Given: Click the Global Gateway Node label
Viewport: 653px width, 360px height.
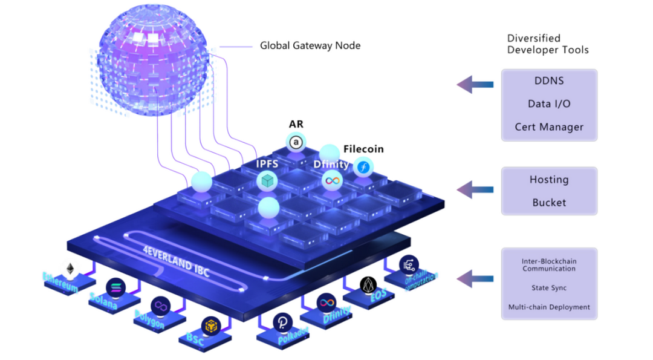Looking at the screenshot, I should pyautogui.click(x=310, y=45).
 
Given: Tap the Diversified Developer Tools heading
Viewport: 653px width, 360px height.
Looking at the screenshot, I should pyautogui.click(x=548, y=44).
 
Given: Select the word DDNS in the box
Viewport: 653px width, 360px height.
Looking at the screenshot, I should pyautogui.click(x=548, y=80).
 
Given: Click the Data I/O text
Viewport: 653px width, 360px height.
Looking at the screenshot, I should pyautogui.click(x=548, y=104).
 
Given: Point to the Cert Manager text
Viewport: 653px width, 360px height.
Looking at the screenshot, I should pyautogui.click(x=549, y=127).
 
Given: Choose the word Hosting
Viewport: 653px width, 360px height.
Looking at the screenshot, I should pyautogui.click(x=549, y=180).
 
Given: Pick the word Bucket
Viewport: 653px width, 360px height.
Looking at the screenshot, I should pyautogui.click(x=549, y=203).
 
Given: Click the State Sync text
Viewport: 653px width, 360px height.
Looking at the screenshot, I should pyautogui.click(x=549, y=288).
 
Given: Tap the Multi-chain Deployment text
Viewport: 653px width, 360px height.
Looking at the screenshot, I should pyautogui.click(x=549, y=307).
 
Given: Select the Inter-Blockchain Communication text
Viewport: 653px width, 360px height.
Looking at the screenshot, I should pyautogui.click(x=549, y=265).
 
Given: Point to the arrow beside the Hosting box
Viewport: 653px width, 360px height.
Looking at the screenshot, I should pyautogui.click(x=475, y=190).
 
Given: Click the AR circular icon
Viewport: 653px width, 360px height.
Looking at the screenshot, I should pyautogui.click(x=296, y=143).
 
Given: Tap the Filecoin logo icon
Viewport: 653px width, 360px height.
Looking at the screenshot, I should pyautogui.click(x=363, y=167).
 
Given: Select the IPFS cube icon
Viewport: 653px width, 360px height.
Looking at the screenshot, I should pyautogui.click(x=266, y=180).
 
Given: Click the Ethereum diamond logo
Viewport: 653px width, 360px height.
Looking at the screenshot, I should pyautogui.click(x=71, y=269).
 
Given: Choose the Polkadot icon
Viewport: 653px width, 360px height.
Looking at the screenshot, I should pyautogui.click(x=282, y=322).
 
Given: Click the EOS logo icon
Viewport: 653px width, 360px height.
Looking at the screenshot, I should pyautogui.click(x=368, y=285).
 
